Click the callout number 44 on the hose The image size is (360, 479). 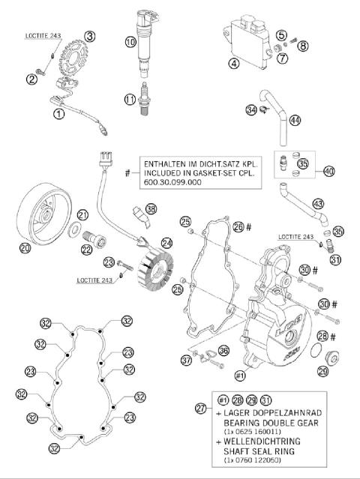295,120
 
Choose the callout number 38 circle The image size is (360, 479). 152,209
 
